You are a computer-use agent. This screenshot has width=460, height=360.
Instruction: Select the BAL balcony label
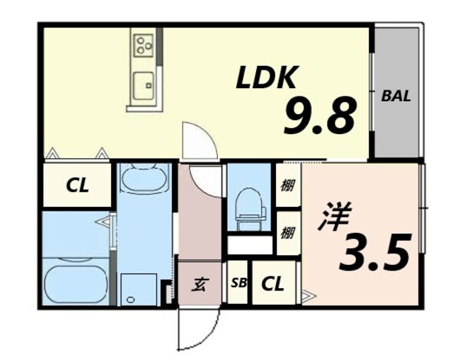tap(396, 97)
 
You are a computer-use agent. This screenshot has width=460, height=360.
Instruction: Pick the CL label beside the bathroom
tap(76, 185)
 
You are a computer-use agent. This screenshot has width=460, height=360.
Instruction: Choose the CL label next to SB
tap(274, 284)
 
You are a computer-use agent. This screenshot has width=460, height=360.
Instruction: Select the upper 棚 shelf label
tap(287, 185)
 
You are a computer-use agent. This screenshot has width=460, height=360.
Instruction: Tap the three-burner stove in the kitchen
tap(143, 45)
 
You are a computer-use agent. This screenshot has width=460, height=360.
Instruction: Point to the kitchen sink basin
tap(143, 84)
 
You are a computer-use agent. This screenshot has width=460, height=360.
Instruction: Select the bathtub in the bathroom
tap(75, 283)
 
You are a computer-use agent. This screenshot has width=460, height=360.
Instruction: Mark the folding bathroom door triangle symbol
tap(104, 223)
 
